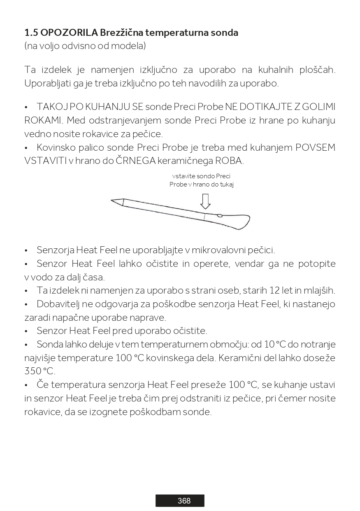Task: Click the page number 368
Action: (x=184, y=501)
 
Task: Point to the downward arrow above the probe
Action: (x=205, y=201)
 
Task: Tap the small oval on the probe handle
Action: (x=220, y=215)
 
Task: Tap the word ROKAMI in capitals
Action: (x=43, y=121)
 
